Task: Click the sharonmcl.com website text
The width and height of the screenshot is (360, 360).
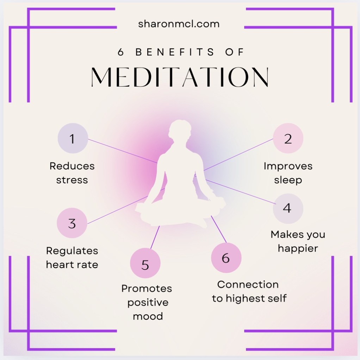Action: pos(179,24)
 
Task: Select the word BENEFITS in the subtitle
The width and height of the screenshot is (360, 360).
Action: pos(175,52)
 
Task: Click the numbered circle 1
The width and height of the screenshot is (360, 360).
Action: pos(73,139)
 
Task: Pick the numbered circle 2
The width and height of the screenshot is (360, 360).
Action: pos(288,139)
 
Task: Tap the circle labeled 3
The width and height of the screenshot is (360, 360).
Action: pos(72,223)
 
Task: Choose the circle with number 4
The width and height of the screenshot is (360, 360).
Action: pos(287,208)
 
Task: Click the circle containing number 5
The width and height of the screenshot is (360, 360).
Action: pos(145,264)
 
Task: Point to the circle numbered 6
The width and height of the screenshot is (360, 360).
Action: pos(226,258)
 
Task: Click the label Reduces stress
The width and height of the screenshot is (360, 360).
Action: pos(72,173)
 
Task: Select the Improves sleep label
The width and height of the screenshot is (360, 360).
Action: pos(288,173)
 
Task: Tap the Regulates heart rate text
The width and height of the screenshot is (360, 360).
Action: pos(72,258)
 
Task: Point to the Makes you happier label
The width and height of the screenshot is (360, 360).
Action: pos(298,241)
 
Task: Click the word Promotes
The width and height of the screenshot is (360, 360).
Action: pos(147,289)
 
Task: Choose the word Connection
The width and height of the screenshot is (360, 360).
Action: pos(248,284)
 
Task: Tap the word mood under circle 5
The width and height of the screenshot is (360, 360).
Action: pos(148,316)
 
